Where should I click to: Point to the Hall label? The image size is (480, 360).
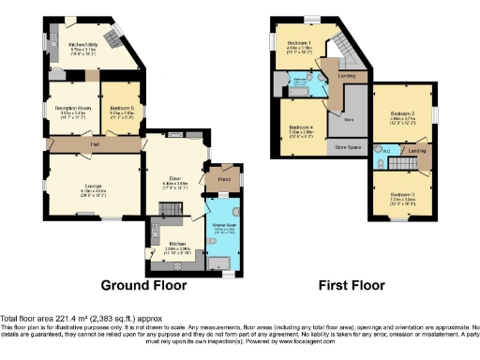(96, 144)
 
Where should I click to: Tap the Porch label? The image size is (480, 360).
(224, 179)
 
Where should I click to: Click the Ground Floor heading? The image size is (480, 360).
(143, 285)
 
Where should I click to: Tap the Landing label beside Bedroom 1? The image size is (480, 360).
(345, 75)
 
